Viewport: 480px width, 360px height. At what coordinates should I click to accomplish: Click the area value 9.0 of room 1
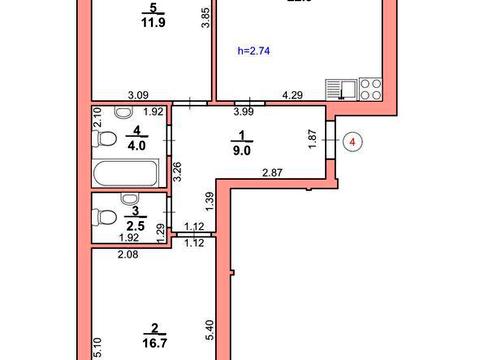tap(240, 153)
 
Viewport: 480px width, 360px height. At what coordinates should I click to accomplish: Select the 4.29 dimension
tap(292, 96)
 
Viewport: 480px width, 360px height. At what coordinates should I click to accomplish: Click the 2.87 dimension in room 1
tap(273, 174)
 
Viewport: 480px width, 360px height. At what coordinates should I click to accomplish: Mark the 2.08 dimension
tap(127, 257)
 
